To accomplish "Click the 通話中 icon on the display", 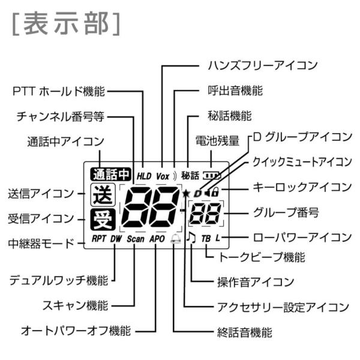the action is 110,175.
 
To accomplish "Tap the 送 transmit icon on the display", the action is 103,195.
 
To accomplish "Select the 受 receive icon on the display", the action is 103,220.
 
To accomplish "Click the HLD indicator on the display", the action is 144,176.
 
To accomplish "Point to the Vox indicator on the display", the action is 163,176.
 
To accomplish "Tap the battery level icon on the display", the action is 211,176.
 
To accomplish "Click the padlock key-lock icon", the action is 215,192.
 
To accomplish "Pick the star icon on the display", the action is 186,194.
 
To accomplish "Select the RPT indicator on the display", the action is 99,239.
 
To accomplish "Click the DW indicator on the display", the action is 116,239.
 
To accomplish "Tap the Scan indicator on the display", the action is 136,239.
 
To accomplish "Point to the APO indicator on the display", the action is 157,239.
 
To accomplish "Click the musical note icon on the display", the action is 191,237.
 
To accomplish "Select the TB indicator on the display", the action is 206,239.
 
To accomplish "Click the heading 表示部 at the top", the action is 66,24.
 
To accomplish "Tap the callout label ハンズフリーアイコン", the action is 263,65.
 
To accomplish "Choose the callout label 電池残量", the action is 217,140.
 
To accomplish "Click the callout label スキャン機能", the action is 76,305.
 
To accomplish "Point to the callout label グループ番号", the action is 286,212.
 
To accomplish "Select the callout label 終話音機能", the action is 245,332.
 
